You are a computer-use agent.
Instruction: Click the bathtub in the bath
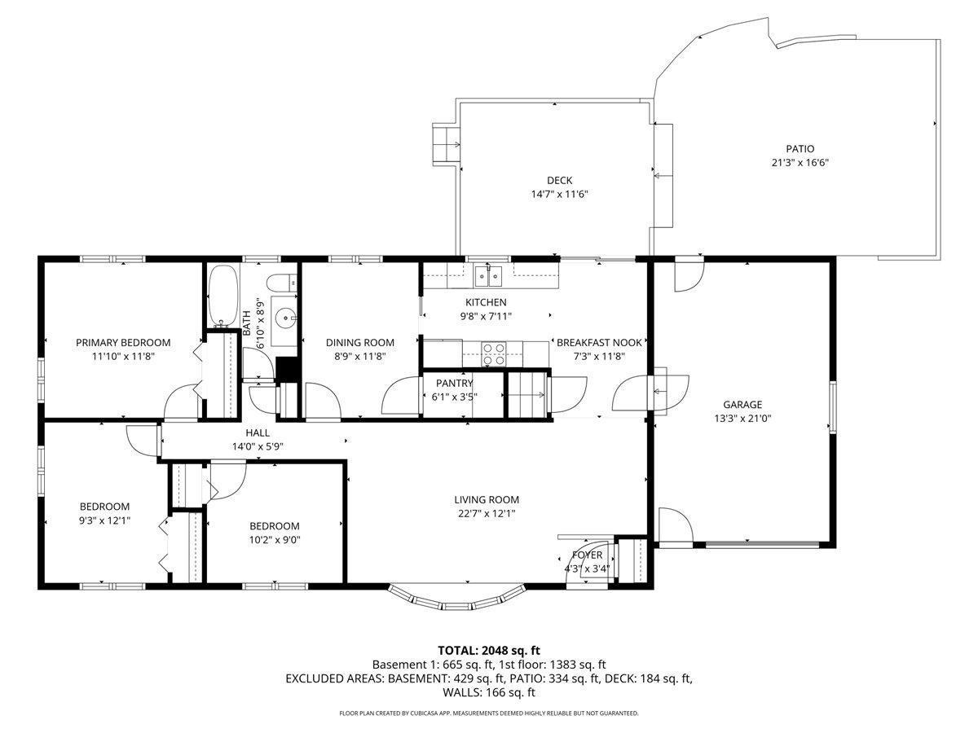tap(222, 296)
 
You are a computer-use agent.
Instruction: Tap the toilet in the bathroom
tap(282, 282)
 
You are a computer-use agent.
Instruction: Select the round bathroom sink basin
tap(284, 318)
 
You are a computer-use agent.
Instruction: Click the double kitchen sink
tap(488, 276)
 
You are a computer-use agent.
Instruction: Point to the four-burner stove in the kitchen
tap(494, 353)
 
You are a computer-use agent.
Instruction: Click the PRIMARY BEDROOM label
tap(123, 343)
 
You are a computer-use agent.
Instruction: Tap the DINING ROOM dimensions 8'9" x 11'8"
tap(359, 357)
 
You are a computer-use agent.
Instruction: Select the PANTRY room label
tap(454, 383)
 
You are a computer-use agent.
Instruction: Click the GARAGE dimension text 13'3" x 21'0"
tap(742, 419)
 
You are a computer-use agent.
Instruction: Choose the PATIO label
tap(800, 149)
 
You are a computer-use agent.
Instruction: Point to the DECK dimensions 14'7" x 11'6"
tap(560, 195)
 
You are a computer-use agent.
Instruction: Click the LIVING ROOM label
tap(487, 500)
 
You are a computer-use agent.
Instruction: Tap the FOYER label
tap(588, 555)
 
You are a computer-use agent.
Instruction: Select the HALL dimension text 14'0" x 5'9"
tap(258, 446)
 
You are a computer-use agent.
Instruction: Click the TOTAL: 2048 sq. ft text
tap(489, 651)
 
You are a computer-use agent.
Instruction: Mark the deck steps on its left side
tap(446, 145)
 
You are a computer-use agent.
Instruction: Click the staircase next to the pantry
tap(528, 394)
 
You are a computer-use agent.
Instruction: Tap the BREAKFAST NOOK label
tap(599, 343)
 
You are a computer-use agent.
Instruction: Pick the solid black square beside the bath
tap(288, 369)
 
